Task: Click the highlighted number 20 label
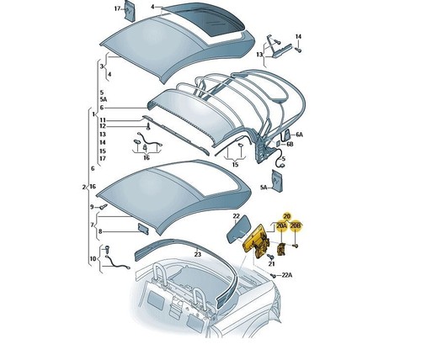click(x=286, y=216)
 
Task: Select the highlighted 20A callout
click(x=281, y=226)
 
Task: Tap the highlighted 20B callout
click(x=296, y=226)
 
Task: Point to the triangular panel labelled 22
click(x=238, y=229)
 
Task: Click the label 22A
click(x=286, y=275)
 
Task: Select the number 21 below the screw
click(x=271, y=264)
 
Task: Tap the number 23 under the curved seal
click(x=198, y=254)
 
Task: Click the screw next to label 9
click(x=103, y=207)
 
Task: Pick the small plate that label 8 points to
click(x=143, y=229)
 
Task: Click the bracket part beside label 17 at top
click(x=130, y=11)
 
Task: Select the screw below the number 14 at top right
click(x=298, y=50)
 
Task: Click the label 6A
click(x=299, y=135)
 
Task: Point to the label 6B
click(x=290, y=144)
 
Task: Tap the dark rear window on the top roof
click(x=204, y=20)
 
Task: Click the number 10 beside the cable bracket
click(x=93, y=258)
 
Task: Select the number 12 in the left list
click(x=103, y=126)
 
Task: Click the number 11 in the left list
click(x=103, y=120)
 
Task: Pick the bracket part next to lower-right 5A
click(x=277, y=181)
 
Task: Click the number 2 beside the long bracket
click(x=83, y=187)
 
